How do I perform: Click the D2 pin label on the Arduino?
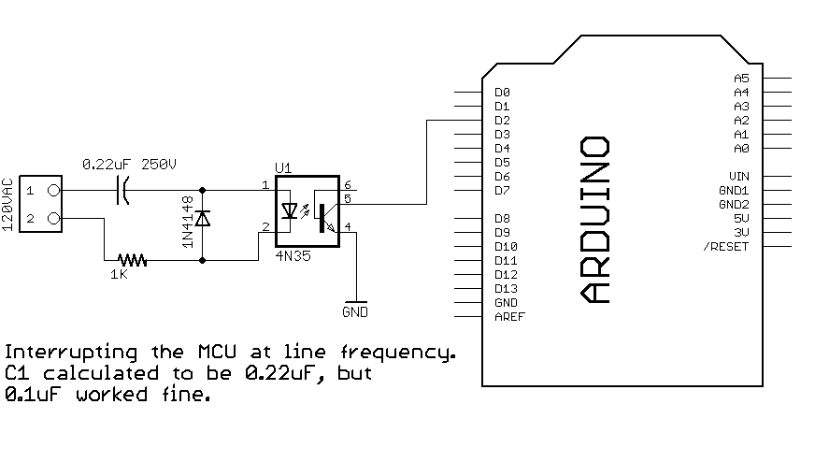502,121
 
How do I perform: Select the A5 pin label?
741,79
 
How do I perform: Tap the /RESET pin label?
725,247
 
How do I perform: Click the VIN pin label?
738,177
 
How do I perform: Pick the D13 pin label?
505,289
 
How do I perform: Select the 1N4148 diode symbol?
204,219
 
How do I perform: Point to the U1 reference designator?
283,168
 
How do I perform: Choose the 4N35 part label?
293,254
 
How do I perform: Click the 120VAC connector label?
8,206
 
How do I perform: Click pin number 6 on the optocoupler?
347,184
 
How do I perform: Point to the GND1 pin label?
734,191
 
